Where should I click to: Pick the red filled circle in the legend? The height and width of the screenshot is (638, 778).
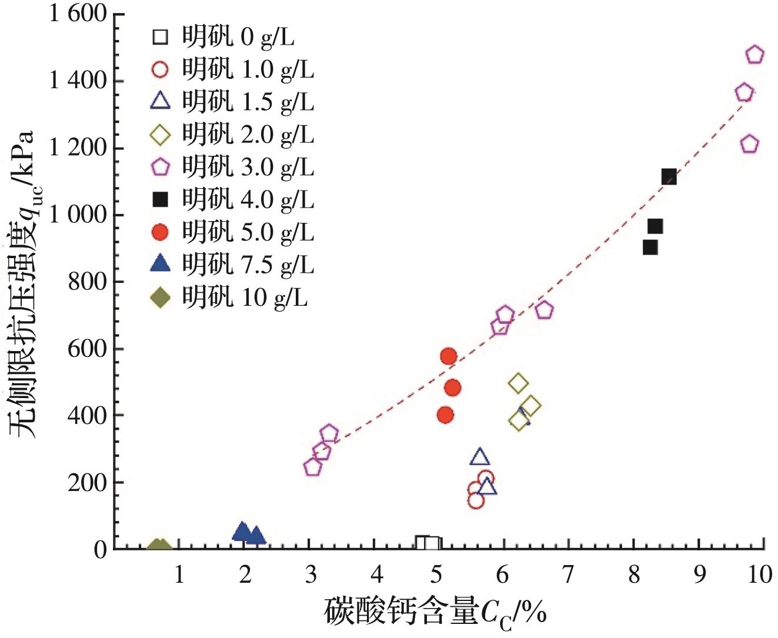pyautogui.click(x=160, y=233)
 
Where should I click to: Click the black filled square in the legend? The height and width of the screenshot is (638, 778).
pyautogui.click(x=160, y=200)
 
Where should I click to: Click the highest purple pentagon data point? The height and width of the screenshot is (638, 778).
pyautogui.click(x=755, y=55)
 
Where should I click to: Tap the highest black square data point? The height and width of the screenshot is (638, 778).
pyautogui.click(x=669, y=176)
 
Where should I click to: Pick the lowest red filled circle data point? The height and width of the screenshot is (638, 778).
pyautogui.click(x=445, y=415)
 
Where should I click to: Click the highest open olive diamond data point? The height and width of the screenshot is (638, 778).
pyautogui.click(x=518, y=383)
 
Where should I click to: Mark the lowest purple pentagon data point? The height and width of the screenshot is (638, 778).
pyautogui.click(x=313, y=467)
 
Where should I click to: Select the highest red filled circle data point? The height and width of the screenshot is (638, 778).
pyautogui.click(x=449, y=356)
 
